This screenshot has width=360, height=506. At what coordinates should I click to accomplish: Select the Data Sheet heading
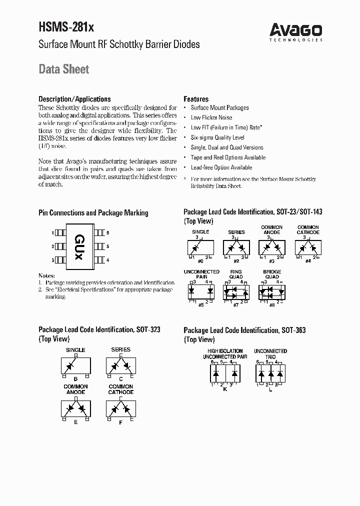[64, 69]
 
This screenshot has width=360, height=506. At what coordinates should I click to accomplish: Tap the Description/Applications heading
[74, 99]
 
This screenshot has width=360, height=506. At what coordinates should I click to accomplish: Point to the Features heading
[196, 99]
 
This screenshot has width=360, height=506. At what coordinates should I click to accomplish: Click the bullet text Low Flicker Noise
[211, 117]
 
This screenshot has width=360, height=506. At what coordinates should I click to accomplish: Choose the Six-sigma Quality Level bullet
[217, 137]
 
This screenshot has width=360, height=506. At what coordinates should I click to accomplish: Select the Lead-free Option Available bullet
[221, 167]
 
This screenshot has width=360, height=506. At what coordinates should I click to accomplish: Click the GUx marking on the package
[79, 246]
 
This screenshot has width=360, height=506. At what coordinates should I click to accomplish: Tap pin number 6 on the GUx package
[107, 233]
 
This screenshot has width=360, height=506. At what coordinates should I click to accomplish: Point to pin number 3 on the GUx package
[52, 260]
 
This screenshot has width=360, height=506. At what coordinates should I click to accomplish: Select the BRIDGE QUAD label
[272, 274]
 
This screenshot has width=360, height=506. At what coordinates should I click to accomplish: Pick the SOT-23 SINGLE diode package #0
[200, 247]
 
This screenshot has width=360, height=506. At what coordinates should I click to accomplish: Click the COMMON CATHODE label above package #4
[308, 229]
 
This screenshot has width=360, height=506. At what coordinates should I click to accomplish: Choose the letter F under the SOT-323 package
[120, 422]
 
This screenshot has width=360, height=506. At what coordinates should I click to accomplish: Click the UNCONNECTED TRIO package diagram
[270, 372]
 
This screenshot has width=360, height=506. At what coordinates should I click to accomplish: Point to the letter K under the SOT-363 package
[225, 389]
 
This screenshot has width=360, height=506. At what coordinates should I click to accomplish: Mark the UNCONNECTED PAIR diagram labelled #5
[200, 290]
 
